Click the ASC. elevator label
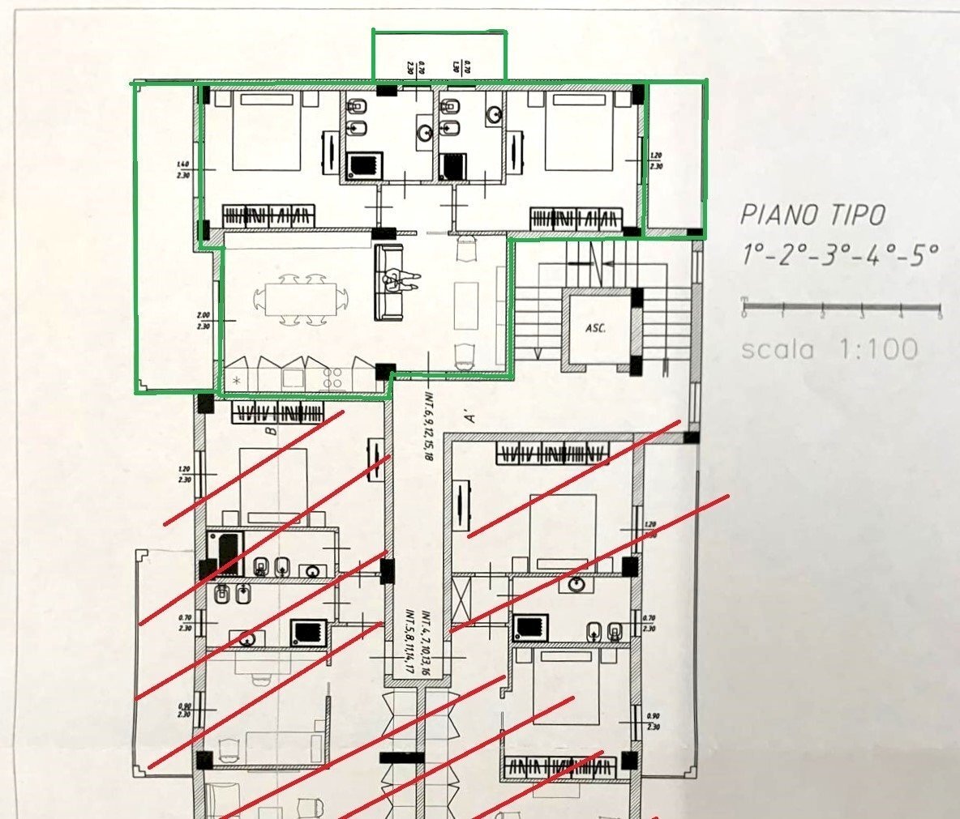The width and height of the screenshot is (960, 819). click(x=596, y=330)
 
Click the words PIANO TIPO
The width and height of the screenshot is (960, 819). click(x=812, y=215)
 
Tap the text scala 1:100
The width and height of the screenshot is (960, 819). click(x=829, y=349)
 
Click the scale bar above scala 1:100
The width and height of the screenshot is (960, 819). click(x=841, y=308)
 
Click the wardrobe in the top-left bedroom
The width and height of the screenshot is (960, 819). click(x=268, y=217)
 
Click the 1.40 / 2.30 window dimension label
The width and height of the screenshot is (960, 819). click(x=182, y=169)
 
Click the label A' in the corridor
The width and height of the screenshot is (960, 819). click(x=468, y=418)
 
